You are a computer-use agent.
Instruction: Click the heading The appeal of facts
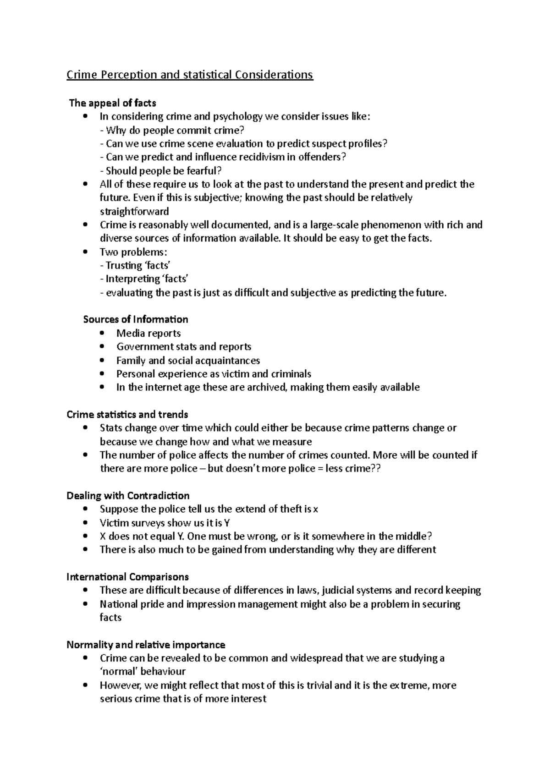tap(112, 103)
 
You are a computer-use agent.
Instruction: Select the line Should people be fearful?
tap(160, 171)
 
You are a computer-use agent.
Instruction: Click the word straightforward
tap(134, 212)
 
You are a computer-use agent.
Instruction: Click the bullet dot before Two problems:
tap(86, 252)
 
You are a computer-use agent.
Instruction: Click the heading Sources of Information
tap(136, 319)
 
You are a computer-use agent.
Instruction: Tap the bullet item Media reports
tap(148, 334)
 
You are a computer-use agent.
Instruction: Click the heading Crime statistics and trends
tap(127, 415)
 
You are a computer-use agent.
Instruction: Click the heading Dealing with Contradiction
tap(128, 496)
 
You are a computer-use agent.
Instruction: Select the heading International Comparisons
tap(128, 577)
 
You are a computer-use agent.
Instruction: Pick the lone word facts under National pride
tap(110, 618)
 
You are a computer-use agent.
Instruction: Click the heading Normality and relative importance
tap(146, 645)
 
